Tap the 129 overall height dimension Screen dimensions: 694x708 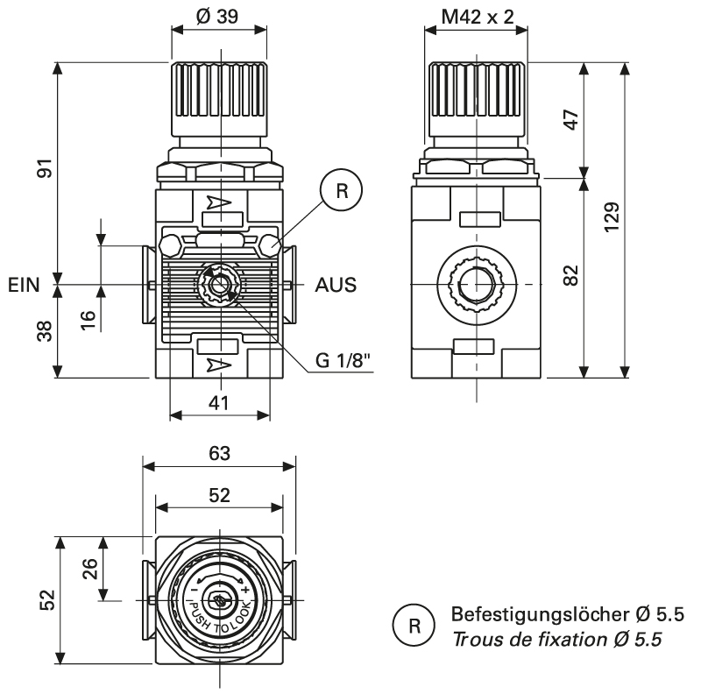pyautogui.click(x=612, y=216)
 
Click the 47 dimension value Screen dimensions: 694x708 pyautogui.click(x=570, y=120)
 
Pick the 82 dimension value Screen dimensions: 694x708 pyautogui.click(x=570, y=276)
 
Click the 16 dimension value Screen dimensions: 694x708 pyautogui.click(x=88, y=318)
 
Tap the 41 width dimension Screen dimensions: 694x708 pyautogui.click(x=220, y=402)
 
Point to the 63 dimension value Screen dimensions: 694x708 pyautogui.click(x=220, y=453)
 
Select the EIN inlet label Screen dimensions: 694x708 pyautogui.click(x=25, y=286)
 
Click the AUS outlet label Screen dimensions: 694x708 pyautogui.click(x=336, y=286)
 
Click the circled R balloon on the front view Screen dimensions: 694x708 pyautogui.click(x=341, y=192)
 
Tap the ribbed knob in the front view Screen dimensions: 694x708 pyautogui.click(x=220, y=95)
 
